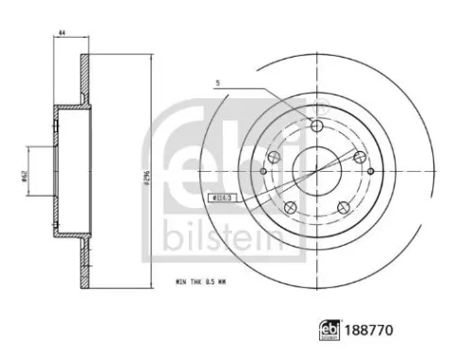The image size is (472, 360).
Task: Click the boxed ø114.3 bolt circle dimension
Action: click(x=218, y=197)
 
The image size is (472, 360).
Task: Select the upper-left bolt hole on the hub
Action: click(x=275, y=157)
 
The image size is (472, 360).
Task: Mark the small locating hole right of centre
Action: click(x=370, y=171)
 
